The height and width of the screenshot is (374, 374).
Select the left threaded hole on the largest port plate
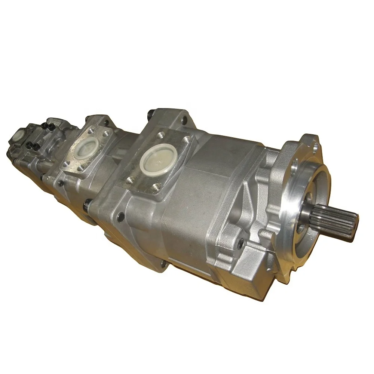click(x=130, y=180)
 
